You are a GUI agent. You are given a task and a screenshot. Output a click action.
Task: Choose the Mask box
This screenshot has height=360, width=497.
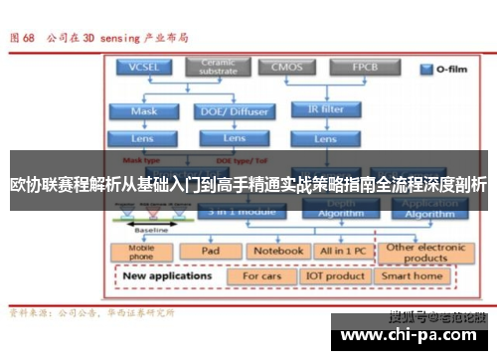click(x=143, y=111)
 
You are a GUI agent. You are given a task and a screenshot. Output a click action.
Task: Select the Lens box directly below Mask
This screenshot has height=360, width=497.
click(x=143, y=138)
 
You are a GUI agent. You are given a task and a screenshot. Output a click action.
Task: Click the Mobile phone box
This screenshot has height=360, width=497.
click(x=143, y=251)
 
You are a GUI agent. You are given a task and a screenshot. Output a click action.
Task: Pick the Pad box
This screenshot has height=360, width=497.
click(x=210, y=251)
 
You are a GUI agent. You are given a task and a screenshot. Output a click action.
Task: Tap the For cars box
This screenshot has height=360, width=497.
click(x=262, y=275)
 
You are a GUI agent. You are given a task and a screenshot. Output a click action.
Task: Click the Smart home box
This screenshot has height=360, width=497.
click(x=412, y=275)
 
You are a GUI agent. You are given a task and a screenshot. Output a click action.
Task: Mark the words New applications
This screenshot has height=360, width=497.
click(x=169, y=275)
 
